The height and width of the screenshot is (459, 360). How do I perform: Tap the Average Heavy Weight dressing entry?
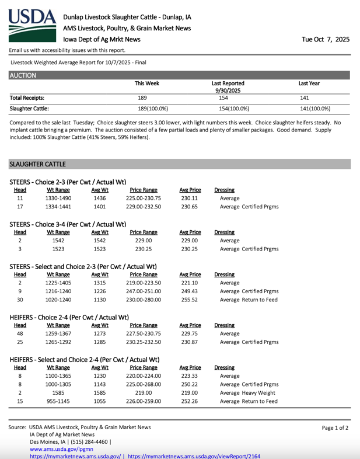click(247, 401)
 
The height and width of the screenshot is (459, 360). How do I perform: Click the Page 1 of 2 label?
click(335, 427)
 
